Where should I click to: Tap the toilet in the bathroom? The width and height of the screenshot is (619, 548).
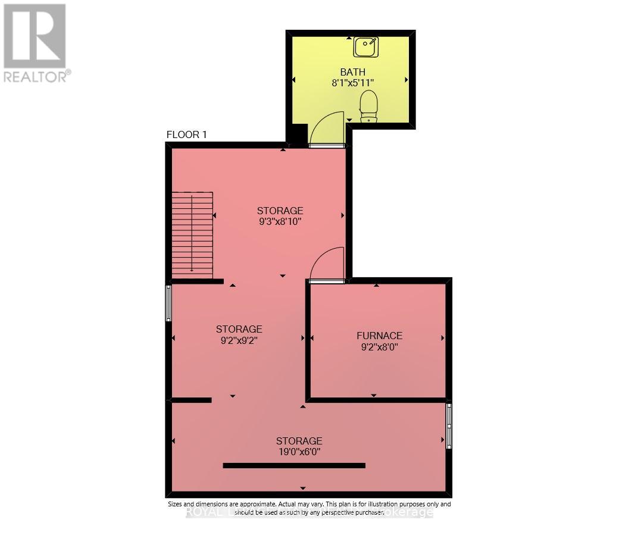[368, 106]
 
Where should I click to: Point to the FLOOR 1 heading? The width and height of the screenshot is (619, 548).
[186, 135]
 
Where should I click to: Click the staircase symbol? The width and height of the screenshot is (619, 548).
[192, 234]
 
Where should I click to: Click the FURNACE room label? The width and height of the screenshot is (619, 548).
[379, 336]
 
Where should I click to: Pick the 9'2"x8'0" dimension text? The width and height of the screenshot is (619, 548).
[379, 347]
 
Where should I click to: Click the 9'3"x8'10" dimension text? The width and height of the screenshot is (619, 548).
[280, 222]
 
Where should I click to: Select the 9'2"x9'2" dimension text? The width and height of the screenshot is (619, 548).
[239, 340]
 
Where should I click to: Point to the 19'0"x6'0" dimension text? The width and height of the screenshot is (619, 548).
[299, 452]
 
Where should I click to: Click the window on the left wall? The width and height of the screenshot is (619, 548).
[168, 303]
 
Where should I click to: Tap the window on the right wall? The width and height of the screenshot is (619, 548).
[449, 425]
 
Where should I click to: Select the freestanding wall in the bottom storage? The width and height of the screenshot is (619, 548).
[294, 465]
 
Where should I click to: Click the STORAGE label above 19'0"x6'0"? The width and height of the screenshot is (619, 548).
[299, 441]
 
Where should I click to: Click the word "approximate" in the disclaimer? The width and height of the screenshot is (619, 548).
[257, 504]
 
